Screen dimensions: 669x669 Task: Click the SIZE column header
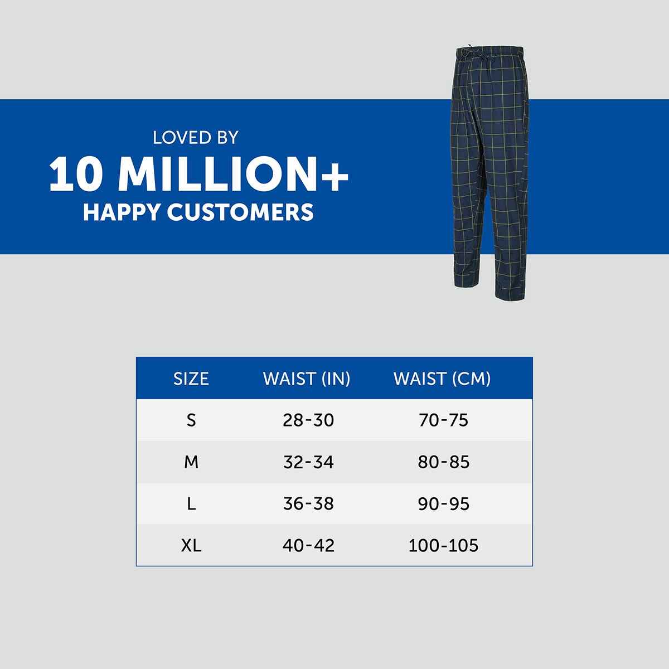click(x=191, y=379)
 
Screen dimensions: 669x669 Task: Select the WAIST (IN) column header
click(x=307, y=379)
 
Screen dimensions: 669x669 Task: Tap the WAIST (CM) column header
click(x=442, y=379)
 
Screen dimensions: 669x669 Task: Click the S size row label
click(x=191, y=420)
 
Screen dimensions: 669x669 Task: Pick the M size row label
click(x=191, y=462)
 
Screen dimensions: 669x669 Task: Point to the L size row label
click(x=191, y=504)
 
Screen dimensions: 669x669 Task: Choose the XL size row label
click(x=191, y=545)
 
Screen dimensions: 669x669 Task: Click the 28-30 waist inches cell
click(x=308, y=420)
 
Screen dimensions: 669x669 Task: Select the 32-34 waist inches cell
click(x=308, y=462)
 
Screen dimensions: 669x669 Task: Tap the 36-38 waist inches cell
click(x=308, y=504)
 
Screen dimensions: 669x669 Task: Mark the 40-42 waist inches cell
click(x=308, y=545)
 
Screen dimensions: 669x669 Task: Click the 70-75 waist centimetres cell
click(x=443, y=420)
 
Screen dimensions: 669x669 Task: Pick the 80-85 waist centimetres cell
click(x=443, y=462)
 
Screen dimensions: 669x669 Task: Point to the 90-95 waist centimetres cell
click(x=443, y=504)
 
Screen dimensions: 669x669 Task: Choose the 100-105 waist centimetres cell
click(x=443, y=545)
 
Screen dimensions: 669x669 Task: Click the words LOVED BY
click(x=196, y=137)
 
